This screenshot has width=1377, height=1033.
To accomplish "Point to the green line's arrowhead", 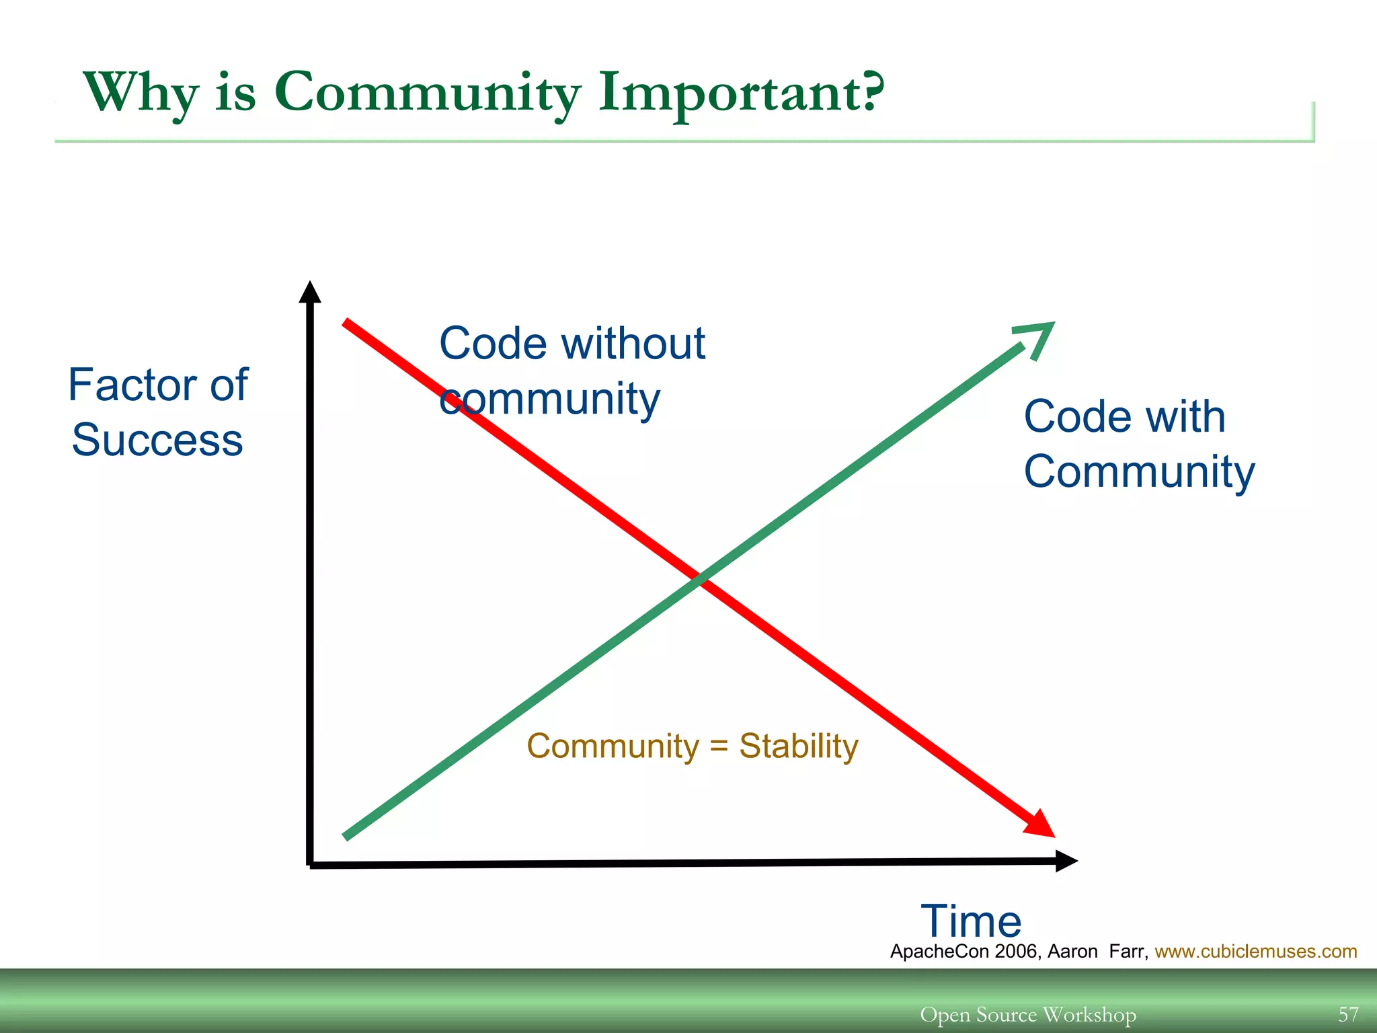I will pyautogui.click(x=1039, y=336).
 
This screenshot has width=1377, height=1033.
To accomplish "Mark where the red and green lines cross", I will pyautogui.click(x=700, y=578).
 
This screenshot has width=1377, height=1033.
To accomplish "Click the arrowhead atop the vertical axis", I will pyautogui.click(x=309, y=292).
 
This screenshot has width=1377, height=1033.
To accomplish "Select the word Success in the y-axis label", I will pyautogui.click(x=157, y=440).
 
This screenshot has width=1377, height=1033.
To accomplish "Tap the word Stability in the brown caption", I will pyautogui.click(x=798, y=746).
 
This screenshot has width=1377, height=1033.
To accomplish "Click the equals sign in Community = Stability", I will pyautogui.click(x=719, y=747).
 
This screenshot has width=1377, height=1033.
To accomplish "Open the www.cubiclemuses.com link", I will pyautogui.click(x=1255, y=951).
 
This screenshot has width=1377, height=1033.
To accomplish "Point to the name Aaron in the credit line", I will pyautogui.click(x=1072, y=951).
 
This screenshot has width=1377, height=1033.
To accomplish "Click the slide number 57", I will pyautogui.click(x=1348, y=1013).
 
